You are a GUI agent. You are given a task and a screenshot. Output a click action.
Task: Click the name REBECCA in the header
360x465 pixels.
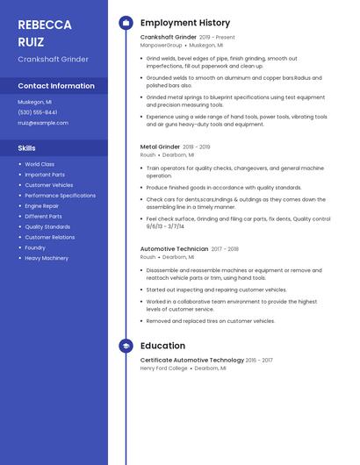44,24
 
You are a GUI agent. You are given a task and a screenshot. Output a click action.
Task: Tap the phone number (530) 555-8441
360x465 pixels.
38,112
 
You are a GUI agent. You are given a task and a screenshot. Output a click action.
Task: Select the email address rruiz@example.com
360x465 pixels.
43,123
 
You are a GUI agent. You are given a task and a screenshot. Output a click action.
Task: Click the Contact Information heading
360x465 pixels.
56,86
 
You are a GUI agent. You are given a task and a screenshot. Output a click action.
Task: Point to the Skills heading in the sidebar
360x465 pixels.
26,148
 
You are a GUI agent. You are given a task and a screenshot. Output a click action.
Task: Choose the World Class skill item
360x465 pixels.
40,164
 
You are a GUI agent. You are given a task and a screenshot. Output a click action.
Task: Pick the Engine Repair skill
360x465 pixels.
42,206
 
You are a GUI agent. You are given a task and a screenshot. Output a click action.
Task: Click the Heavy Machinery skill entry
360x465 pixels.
47,258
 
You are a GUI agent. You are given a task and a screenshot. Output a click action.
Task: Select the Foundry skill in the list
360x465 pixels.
35,247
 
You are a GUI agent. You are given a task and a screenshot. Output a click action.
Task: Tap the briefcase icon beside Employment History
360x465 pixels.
126,23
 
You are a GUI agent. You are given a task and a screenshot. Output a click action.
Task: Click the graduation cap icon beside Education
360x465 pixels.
126,346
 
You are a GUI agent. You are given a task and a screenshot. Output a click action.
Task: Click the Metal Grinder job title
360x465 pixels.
160,147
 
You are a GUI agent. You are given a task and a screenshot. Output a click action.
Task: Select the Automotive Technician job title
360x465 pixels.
174,249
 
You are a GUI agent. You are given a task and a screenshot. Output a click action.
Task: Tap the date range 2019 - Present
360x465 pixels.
217,38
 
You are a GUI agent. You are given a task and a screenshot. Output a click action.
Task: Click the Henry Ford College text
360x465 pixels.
164,368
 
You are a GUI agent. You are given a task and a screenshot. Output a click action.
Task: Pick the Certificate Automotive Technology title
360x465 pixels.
191,360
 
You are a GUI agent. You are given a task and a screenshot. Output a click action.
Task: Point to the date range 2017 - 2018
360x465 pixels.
225,249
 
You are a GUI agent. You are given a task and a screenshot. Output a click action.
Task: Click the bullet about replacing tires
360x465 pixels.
211,321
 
